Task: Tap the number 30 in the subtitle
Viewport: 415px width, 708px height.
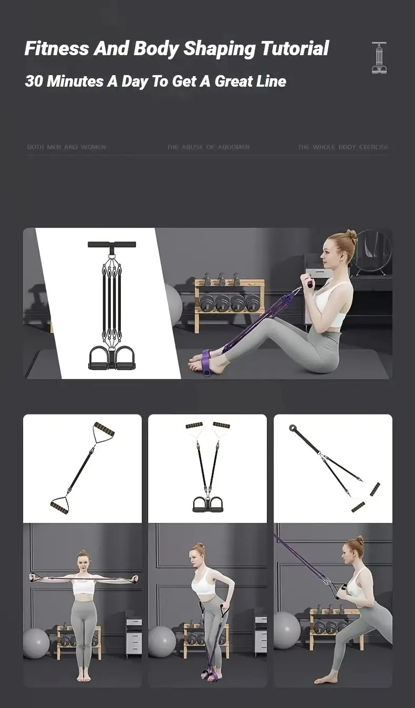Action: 34,81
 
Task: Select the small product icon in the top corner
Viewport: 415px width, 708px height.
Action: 379,58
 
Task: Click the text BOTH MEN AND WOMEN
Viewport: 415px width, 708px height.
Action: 66,148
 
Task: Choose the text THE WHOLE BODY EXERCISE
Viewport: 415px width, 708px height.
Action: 343,148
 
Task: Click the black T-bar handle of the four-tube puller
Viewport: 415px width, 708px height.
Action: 111,244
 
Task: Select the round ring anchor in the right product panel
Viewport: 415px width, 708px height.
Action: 292,428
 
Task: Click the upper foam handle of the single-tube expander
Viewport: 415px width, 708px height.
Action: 104,429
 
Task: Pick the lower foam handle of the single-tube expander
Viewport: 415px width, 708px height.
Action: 59,507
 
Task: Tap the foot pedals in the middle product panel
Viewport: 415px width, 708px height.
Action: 207,504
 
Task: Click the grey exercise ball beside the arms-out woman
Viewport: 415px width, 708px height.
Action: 36,643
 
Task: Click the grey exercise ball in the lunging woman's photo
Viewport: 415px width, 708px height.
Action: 287,630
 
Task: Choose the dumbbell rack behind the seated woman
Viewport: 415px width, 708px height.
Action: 230,305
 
